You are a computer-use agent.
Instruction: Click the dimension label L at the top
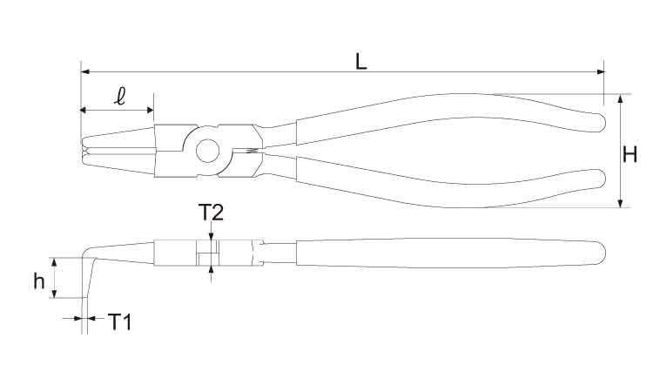(x=361, y=61)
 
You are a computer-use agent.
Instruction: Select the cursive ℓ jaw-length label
(x=120, y=96)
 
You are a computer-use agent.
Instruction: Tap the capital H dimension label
(x=629, y=154)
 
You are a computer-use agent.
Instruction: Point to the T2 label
(x=211, y=212)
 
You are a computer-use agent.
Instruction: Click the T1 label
(x=120, y=321)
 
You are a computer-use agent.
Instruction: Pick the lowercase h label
(x=39, y=280)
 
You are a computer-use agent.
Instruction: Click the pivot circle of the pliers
(x=208, y=151)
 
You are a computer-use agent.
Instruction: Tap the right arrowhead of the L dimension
(x=601, y=71)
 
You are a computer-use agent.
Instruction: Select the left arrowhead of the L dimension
(x=85, y=71)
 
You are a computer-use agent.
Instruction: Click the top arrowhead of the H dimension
(x=620, y=98)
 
